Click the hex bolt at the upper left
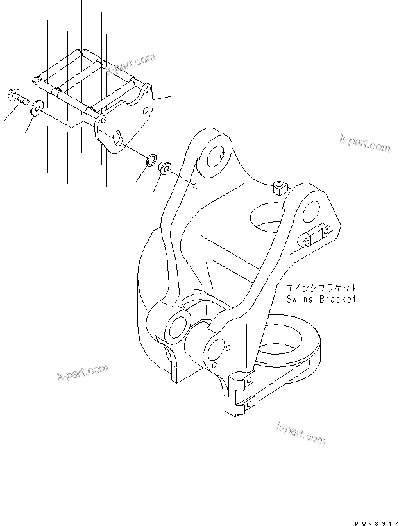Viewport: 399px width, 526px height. (17, 98)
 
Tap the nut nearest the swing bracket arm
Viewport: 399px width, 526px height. (164, 169)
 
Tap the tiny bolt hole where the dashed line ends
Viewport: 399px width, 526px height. (196, 187)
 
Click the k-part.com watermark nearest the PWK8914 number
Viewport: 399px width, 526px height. (301, 433)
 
